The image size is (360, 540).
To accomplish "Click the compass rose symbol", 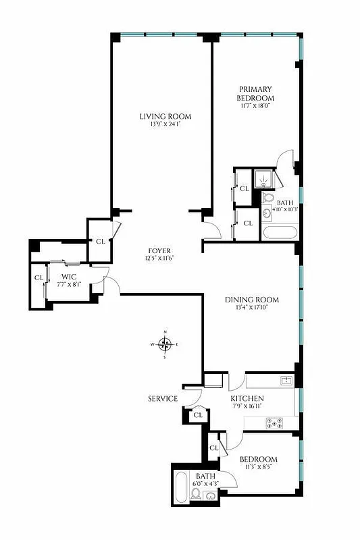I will point(165,346).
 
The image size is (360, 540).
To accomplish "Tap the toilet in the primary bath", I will point(267,198).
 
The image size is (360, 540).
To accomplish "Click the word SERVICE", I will point(163,399).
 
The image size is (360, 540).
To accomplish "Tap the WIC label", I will point(69,277).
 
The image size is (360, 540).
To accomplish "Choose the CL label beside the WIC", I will point(38,277).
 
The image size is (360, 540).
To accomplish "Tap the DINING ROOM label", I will point(253,300).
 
